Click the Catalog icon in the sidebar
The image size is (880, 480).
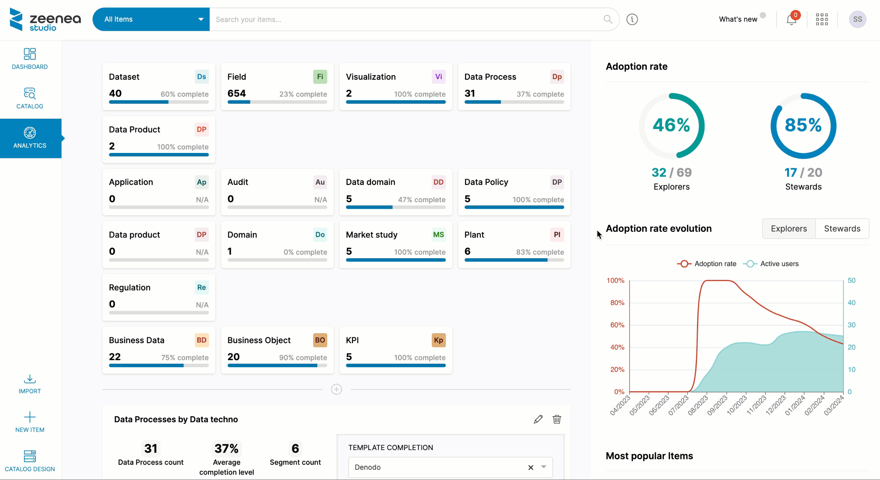pyautogui.click(x=30, y=94)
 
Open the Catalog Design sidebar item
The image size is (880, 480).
pyautogui.click(x=30, y=461)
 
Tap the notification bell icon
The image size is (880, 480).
pyautogui.click(x=791, y=20)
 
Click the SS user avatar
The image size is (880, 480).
pyautogui.click(x=857, y=19)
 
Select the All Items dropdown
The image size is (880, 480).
pyautogui.click(x=151, y=19)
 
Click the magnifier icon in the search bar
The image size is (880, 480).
pyautogui.click(x=608, y=19)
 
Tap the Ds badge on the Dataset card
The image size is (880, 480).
pyautogui.click(x=201, y=77)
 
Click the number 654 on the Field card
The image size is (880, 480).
pyautogui.click(x=236, y=93)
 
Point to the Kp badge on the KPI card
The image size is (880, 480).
pyautogui.click(x=438, y=340)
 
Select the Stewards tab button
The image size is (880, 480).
pyautogui.click(x=842, y=229)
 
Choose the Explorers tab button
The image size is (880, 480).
pyautogui.click(x=789, y=229)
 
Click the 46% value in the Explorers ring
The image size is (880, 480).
pyautogui.click(x=671, y=125)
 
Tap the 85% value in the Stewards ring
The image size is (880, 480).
pyautogui.click(x=803, y=125)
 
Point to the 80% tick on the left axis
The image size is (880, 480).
pyautogui.click(x=617, y=303)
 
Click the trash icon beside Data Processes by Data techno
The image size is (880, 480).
pyautogui.click(x=557, y=419)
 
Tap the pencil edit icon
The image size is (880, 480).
pyautogui.click(x=538, y=419)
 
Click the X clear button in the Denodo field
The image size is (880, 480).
pyautogui.click(x=531, y=467)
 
